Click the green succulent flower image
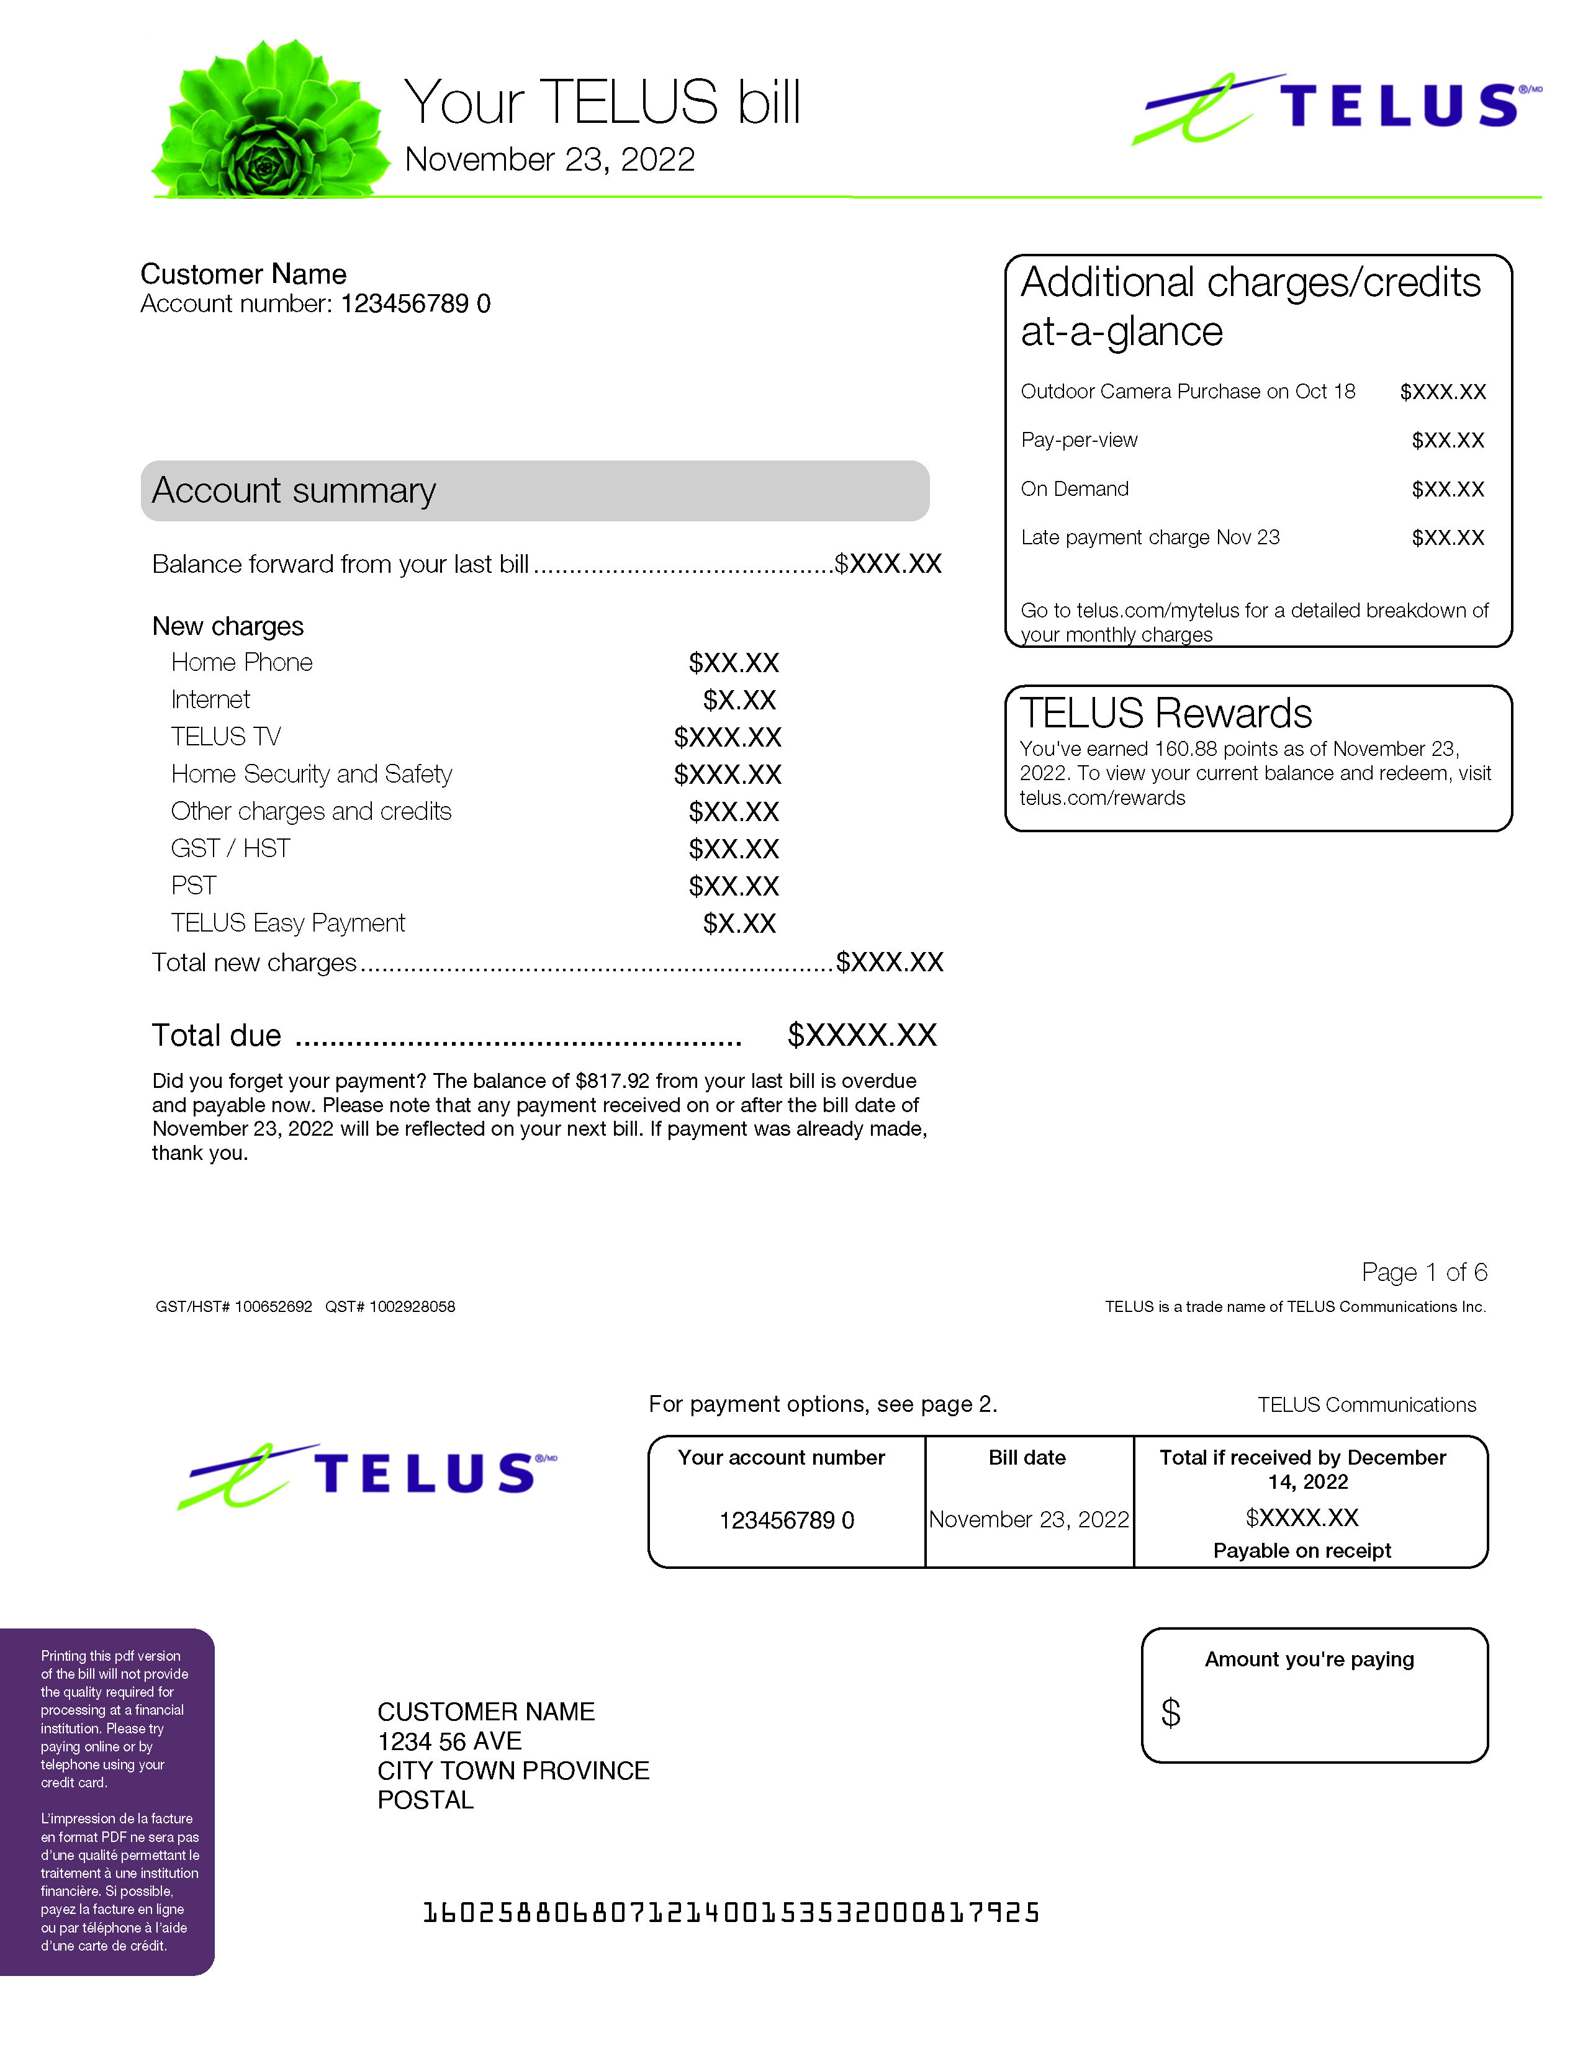pos(269,120)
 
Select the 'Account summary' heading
pos(294,490)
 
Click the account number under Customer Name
pos(415,304)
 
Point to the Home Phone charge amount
pos(733,663)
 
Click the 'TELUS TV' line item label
pos(226,737)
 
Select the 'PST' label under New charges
pos(193,886)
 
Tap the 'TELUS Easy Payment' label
pos(288,923)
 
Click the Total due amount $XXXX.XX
pos(862,1035)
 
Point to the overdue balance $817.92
pos(611,1081)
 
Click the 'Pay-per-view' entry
pos(1078,441)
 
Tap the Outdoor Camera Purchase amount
pos(1442,392)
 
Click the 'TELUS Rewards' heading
pos(1166,714)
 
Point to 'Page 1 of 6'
pos(1423,1272)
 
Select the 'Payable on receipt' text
pos(1302,1551)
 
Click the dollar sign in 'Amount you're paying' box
pos(1170,1713)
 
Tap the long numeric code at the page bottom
pos(731,1913)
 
